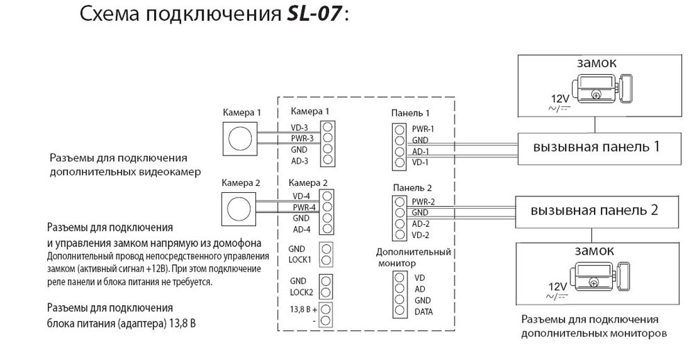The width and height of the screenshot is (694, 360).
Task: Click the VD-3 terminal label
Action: tap(301, 128)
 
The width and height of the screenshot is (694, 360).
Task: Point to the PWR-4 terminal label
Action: tap(304, 207)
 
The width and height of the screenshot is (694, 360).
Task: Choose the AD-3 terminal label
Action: tap(301, 161)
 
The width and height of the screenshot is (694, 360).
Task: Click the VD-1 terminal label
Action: tap(421, 163)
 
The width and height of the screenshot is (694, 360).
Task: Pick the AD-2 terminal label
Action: tap(421, 224)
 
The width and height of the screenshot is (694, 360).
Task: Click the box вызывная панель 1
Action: tap(594, 148)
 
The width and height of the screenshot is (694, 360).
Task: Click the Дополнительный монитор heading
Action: tap(414, 257)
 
